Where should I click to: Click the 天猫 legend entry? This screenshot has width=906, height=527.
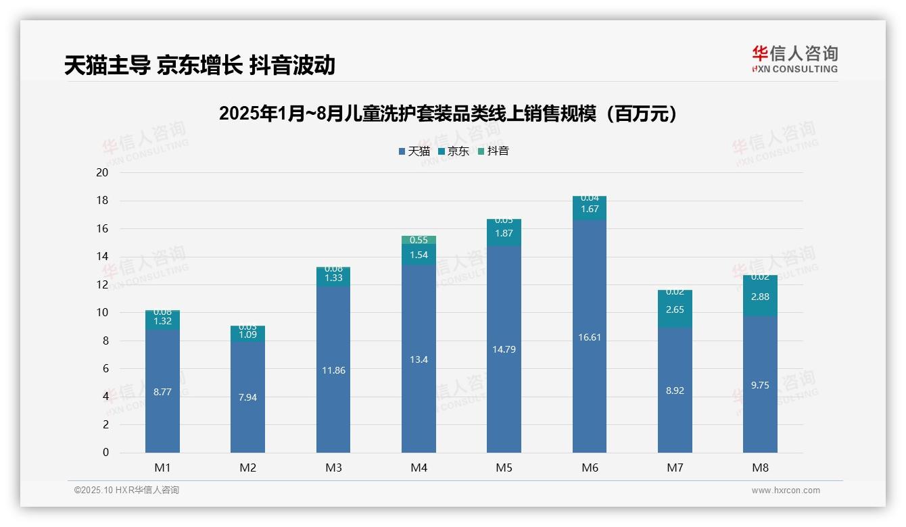(414, 151)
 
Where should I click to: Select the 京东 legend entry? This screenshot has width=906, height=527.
(454, 151)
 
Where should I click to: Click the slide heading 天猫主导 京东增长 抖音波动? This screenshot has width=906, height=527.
(199, 65)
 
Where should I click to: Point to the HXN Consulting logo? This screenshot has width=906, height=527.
(794, 59)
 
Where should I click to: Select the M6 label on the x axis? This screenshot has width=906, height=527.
(590, 468)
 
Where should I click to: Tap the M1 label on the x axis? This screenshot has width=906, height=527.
(162, 468)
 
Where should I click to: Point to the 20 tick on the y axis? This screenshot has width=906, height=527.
(102, 172)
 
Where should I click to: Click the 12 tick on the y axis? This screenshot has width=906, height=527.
(102, 284)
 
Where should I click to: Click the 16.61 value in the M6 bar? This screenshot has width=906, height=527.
(590, 336)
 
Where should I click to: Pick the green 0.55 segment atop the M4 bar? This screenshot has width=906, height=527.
(419, 240)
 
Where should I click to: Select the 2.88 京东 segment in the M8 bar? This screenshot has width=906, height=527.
(760, 297)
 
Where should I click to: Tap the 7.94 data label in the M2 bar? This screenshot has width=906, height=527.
(247, 397)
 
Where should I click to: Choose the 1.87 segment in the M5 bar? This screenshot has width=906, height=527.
(504, 233)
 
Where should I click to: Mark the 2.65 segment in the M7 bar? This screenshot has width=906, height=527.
(675, 309)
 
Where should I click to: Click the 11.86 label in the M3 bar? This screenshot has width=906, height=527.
(333, 370)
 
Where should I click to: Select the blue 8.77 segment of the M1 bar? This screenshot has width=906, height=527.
(162, 391)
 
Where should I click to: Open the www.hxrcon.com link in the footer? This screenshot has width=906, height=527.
(786, 491)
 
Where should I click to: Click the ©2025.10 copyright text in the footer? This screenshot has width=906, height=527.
(126, 491)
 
